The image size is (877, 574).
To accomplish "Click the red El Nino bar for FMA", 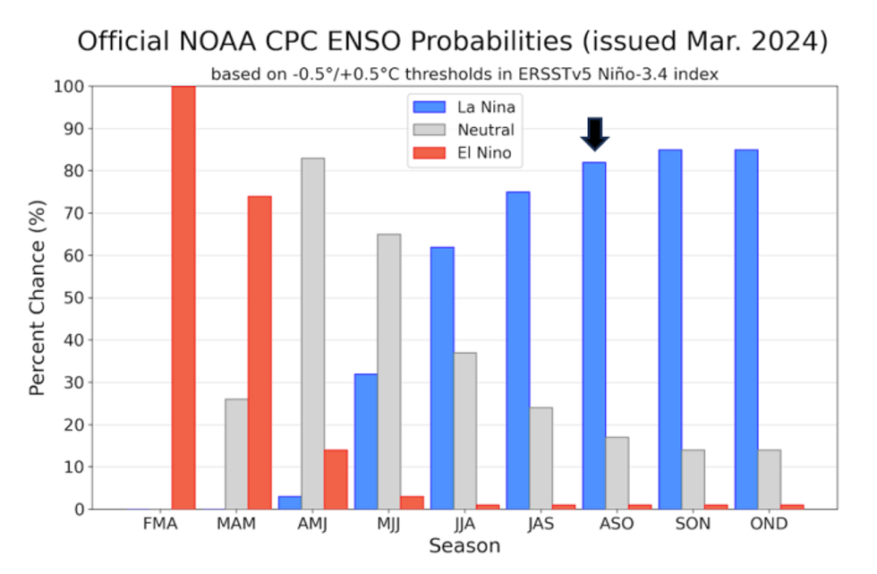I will pos(183,297).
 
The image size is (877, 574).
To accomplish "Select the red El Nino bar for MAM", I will pos(260,353).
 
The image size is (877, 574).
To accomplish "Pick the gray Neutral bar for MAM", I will pos(236,454).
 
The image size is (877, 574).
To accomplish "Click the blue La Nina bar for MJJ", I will pos(366,441).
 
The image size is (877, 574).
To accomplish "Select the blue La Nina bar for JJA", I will pos(442,378).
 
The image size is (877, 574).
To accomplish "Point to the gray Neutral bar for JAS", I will pos(541,458).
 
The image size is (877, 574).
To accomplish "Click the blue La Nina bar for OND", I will pos(746,330).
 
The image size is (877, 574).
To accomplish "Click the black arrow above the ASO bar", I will pos(594,134).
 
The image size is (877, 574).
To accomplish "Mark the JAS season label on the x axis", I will pos(541,523).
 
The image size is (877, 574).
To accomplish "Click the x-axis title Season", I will pos(464,546).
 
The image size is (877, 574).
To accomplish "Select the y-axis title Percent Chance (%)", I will pos(38,297).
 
